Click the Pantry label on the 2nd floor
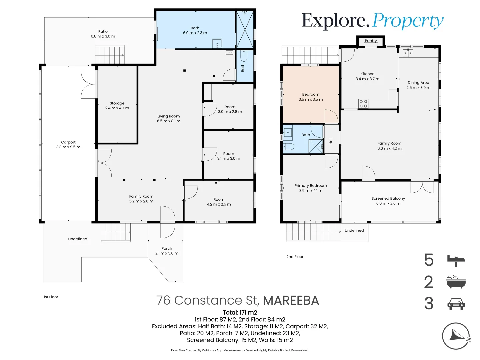[371, 41]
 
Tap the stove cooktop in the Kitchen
[363, 104]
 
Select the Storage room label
[117, 103]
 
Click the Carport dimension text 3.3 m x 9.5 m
[68, 147]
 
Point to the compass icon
[456, 336]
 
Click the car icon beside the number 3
[456, 304]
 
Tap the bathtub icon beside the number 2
[456, 282]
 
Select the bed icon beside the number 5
[456, 260]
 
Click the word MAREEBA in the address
[291, 301]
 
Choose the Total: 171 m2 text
[240, 313]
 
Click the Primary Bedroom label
[311, 186]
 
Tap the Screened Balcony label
[388, 198]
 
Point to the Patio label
[103, 32]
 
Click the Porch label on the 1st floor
[167, 248]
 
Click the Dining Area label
[418, 83]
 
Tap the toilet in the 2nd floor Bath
[288, 147]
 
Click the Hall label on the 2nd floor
[331, 141]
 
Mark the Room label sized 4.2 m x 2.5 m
[219, 199]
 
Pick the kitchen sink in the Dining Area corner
[408, 53]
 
